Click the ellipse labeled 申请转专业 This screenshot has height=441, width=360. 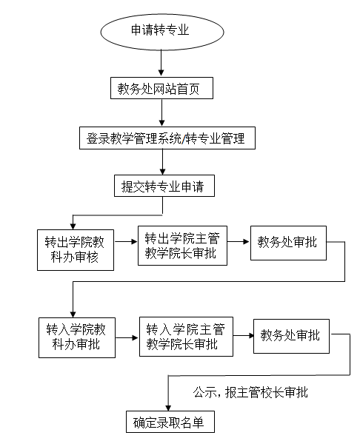coord(162,32)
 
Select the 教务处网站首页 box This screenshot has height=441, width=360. coord(161,88)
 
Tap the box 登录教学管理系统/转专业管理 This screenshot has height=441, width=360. coord(167,138)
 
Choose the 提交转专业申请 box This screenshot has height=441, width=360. coord(164,186)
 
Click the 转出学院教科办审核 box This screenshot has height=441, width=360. coord(76,250)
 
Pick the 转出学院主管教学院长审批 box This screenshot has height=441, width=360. coord(182,246)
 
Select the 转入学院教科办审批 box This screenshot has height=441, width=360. coord(77,337)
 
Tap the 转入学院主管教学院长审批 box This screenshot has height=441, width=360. coord(186,337)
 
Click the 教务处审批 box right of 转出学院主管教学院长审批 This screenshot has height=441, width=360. coord(288,243)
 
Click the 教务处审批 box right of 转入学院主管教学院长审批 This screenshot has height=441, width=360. coord(291,336)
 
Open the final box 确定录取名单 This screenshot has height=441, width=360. coord(170,422)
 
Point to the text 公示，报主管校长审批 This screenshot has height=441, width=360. coord(250,392)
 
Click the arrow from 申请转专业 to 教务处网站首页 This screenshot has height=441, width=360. coord(161,63)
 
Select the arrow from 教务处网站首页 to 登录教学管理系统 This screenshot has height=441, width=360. coord(161,112)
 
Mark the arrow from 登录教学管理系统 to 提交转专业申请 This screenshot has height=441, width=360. coord(162,162)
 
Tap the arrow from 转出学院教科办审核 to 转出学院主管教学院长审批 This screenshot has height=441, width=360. coord(126,241)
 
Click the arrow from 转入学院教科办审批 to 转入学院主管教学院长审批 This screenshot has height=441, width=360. coord(127,337)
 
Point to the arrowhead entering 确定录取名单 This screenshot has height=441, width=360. coord(168,408)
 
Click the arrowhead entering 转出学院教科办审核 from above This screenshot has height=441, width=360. coord(73,226)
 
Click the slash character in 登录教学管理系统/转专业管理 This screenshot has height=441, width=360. coord(184,138)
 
